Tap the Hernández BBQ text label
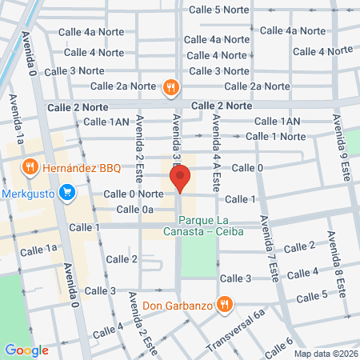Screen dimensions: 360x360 pyautogui.click(x=81, y=167)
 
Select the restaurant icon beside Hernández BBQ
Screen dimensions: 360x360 pyautogui.click(x=30, y=167)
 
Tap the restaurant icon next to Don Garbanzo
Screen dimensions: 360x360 pyautogui.click(x=225, y=304)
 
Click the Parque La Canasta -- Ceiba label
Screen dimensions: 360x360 pyautogui.click(x=211, y=226)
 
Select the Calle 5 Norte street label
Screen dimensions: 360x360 pyautogui.click(x=219, y=10)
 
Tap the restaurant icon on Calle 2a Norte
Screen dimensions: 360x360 pyautogui.click(x=170, y=86)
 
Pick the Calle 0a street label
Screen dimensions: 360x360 pyautogui.click(x=134, y=210)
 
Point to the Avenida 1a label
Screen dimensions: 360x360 pyautogui.click(x=15, y=120)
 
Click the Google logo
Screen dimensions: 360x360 pyautogui.click(x=26, y=350)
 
